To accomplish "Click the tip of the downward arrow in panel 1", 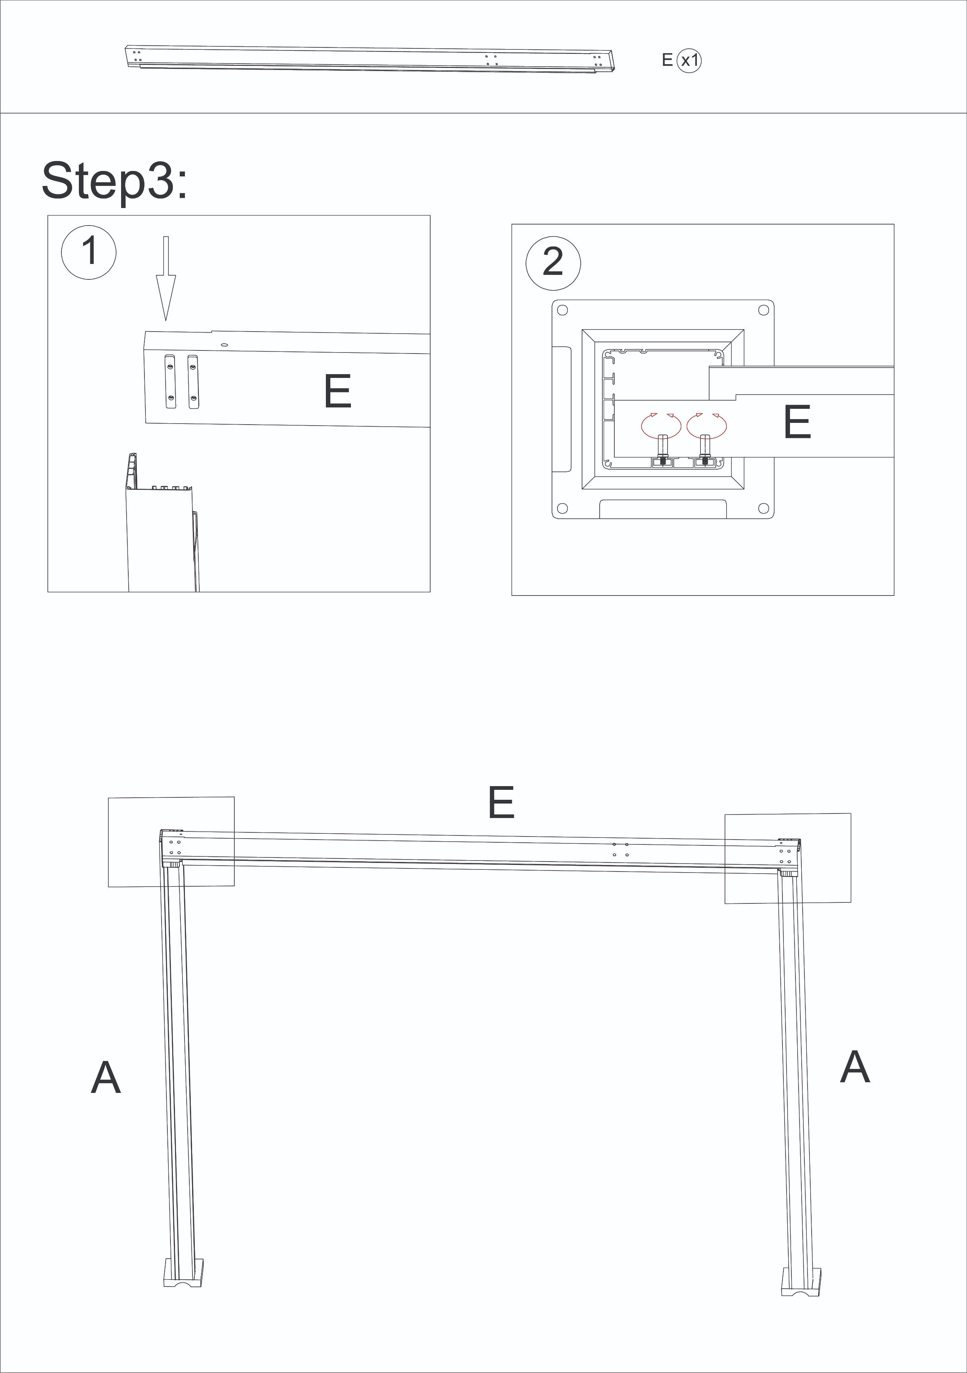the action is coord(166,321).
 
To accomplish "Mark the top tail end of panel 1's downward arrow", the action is coord(166,237).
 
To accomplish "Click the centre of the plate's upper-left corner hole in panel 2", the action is coord(562,310).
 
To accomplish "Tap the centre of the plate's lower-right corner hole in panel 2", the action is coord(763,508).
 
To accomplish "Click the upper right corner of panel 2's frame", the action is coord(894,224).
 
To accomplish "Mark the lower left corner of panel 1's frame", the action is coord(48,592).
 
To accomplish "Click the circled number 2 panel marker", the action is coord(553,263).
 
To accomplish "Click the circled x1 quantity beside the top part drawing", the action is coord(689,60).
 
